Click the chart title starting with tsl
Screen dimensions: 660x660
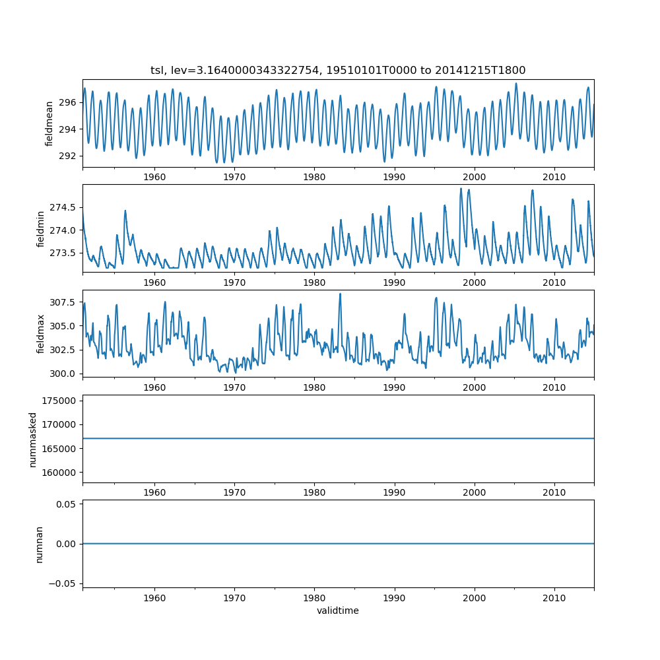tap(338, 70)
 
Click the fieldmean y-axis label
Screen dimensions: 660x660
tap(49, 123)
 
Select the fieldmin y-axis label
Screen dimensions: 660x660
tap(41, 228)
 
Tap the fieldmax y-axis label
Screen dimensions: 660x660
tap(41, 333)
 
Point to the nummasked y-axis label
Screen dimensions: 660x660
tap(32, 439)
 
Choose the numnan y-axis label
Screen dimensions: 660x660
tap(39, 544)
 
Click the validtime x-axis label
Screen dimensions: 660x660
tap(338, 610)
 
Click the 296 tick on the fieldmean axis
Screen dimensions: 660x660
tap(68, 102)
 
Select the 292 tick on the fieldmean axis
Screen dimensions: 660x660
tap(68, 156)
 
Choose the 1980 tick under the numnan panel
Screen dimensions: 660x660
tap(314, 597)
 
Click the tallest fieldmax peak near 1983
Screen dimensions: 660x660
tap(340, 294)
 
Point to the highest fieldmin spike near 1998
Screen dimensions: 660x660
tap(461, 189)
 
